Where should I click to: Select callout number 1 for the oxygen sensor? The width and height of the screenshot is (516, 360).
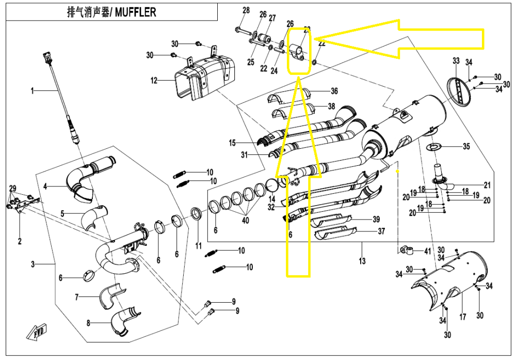[32, 91]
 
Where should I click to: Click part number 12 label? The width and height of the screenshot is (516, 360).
[153, 81]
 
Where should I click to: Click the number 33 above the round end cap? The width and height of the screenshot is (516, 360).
[456, 61]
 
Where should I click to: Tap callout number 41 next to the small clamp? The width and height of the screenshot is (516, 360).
[427, 251]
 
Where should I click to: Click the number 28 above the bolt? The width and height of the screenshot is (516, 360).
[246, 11]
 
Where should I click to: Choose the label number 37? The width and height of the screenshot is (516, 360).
[381, 231]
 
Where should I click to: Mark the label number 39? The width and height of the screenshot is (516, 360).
[376, 219]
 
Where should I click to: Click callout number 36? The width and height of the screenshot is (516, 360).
[334, 91]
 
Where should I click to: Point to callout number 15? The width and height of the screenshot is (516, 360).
[232, 143]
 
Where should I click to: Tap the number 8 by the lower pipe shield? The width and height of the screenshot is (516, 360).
[88, 324]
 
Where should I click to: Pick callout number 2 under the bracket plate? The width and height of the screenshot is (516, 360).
[20, 241]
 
